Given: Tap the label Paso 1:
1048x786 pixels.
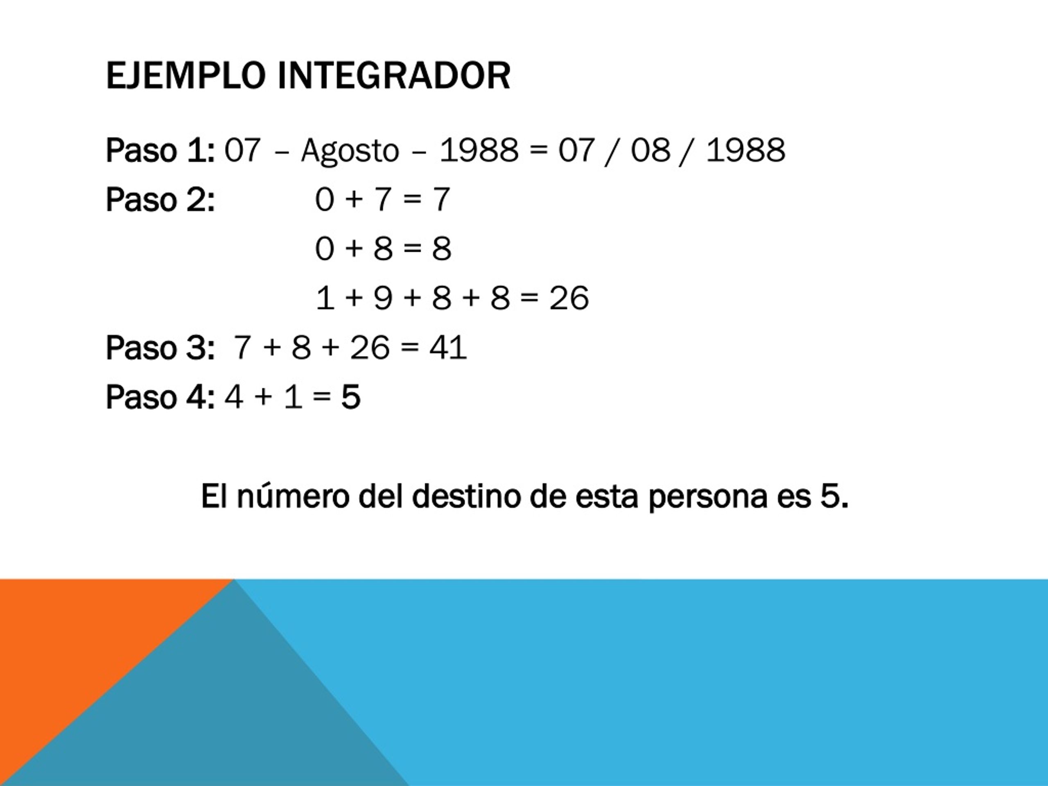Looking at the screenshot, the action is coord(160,150).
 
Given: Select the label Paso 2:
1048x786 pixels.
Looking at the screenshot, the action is coord(160,199).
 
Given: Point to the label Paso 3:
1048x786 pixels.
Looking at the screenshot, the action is coord(160,348).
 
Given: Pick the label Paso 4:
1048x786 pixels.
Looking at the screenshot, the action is coord(160,397).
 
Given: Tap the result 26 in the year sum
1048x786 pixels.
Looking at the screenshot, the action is coord(569,298).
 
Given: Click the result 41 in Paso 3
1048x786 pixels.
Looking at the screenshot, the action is coord(448,347).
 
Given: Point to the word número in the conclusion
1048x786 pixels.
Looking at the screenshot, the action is coord(293,497).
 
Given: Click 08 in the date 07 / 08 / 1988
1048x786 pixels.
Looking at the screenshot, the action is coord(650,150).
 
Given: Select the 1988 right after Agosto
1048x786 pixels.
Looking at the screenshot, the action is coord(479,150).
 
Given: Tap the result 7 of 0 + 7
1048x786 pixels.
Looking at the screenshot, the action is coord(440,199).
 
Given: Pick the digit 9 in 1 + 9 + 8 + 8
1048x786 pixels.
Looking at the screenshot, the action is coord(383,298).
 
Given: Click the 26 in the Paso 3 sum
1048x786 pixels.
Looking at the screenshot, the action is coord(370,347).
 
